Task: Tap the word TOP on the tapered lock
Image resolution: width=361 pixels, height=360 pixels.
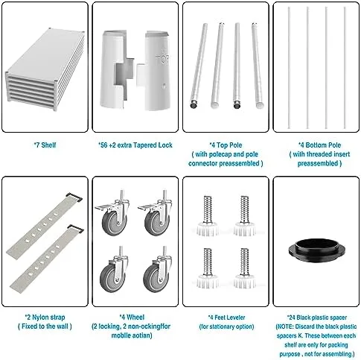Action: [x=162, y=59]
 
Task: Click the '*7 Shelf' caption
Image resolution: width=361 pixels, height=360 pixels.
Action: [x=45, y=145]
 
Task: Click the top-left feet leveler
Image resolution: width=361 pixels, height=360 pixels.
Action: [x=208, y=216]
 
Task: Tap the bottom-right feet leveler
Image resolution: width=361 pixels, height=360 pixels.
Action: [x=244, y=268]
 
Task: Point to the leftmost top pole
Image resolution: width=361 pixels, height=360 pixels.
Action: [x=199, y=66]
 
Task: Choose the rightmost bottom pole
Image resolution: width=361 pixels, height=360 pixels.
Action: [x=345, y=68]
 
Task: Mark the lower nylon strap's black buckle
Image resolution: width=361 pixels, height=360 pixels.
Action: [x=76, y=229]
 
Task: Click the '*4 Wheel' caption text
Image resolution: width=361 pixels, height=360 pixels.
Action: [x=132, y=318]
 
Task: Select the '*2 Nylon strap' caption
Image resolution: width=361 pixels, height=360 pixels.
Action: [x=45, y=318]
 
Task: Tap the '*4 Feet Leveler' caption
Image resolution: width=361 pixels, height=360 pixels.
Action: [x=226, y=318]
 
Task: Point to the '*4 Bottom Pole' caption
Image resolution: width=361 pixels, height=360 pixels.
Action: [x=319, y=145]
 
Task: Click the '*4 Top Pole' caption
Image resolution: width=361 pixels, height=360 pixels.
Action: [x=226, y=145]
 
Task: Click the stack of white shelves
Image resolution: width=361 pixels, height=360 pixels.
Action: [x=45, y=69]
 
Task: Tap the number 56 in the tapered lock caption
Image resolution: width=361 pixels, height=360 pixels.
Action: [x=104, y=145]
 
